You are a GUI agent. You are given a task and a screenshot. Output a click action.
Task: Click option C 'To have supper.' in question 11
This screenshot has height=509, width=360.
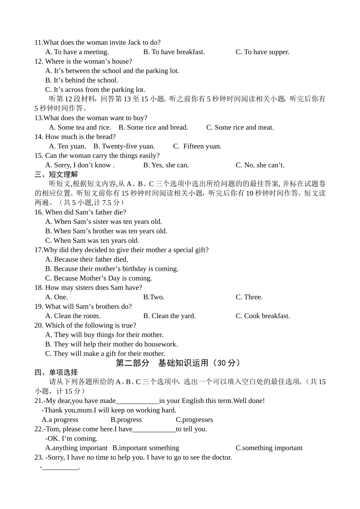[262, 52]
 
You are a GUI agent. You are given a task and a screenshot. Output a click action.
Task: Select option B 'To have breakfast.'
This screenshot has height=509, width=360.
[174, 52]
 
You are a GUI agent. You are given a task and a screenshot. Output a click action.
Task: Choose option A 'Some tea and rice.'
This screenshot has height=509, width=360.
[80, 128]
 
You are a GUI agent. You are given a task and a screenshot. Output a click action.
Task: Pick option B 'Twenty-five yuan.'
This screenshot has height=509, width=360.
[124, 147]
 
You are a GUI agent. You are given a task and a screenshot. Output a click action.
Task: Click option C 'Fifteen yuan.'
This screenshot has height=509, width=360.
[197, 147]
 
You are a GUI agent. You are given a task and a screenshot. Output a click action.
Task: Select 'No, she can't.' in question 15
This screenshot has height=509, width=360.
[260, 165]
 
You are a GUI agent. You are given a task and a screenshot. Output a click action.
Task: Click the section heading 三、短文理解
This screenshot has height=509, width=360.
[56, 175]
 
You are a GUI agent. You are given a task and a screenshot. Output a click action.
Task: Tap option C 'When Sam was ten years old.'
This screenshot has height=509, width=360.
[92, 240]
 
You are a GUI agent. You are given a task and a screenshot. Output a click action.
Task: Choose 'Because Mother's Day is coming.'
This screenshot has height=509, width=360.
[99, 278]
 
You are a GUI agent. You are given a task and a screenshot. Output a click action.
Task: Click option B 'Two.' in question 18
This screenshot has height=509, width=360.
[153, 297]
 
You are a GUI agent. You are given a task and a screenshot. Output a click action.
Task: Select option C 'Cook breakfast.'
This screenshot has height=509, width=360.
[263, 316]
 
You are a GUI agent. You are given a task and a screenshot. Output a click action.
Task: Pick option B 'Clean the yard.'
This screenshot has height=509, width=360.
[169, 316]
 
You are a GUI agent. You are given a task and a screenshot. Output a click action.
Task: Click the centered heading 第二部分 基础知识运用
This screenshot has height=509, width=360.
[178, 363]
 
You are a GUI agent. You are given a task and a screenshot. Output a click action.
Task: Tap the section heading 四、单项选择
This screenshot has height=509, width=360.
[56, 373]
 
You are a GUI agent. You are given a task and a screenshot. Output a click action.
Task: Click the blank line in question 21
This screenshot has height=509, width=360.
[137, 401]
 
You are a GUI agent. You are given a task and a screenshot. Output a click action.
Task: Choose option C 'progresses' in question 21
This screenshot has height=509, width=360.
[194, 420]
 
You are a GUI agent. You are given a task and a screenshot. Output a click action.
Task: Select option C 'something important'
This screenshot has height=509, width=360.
[269, 448]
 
